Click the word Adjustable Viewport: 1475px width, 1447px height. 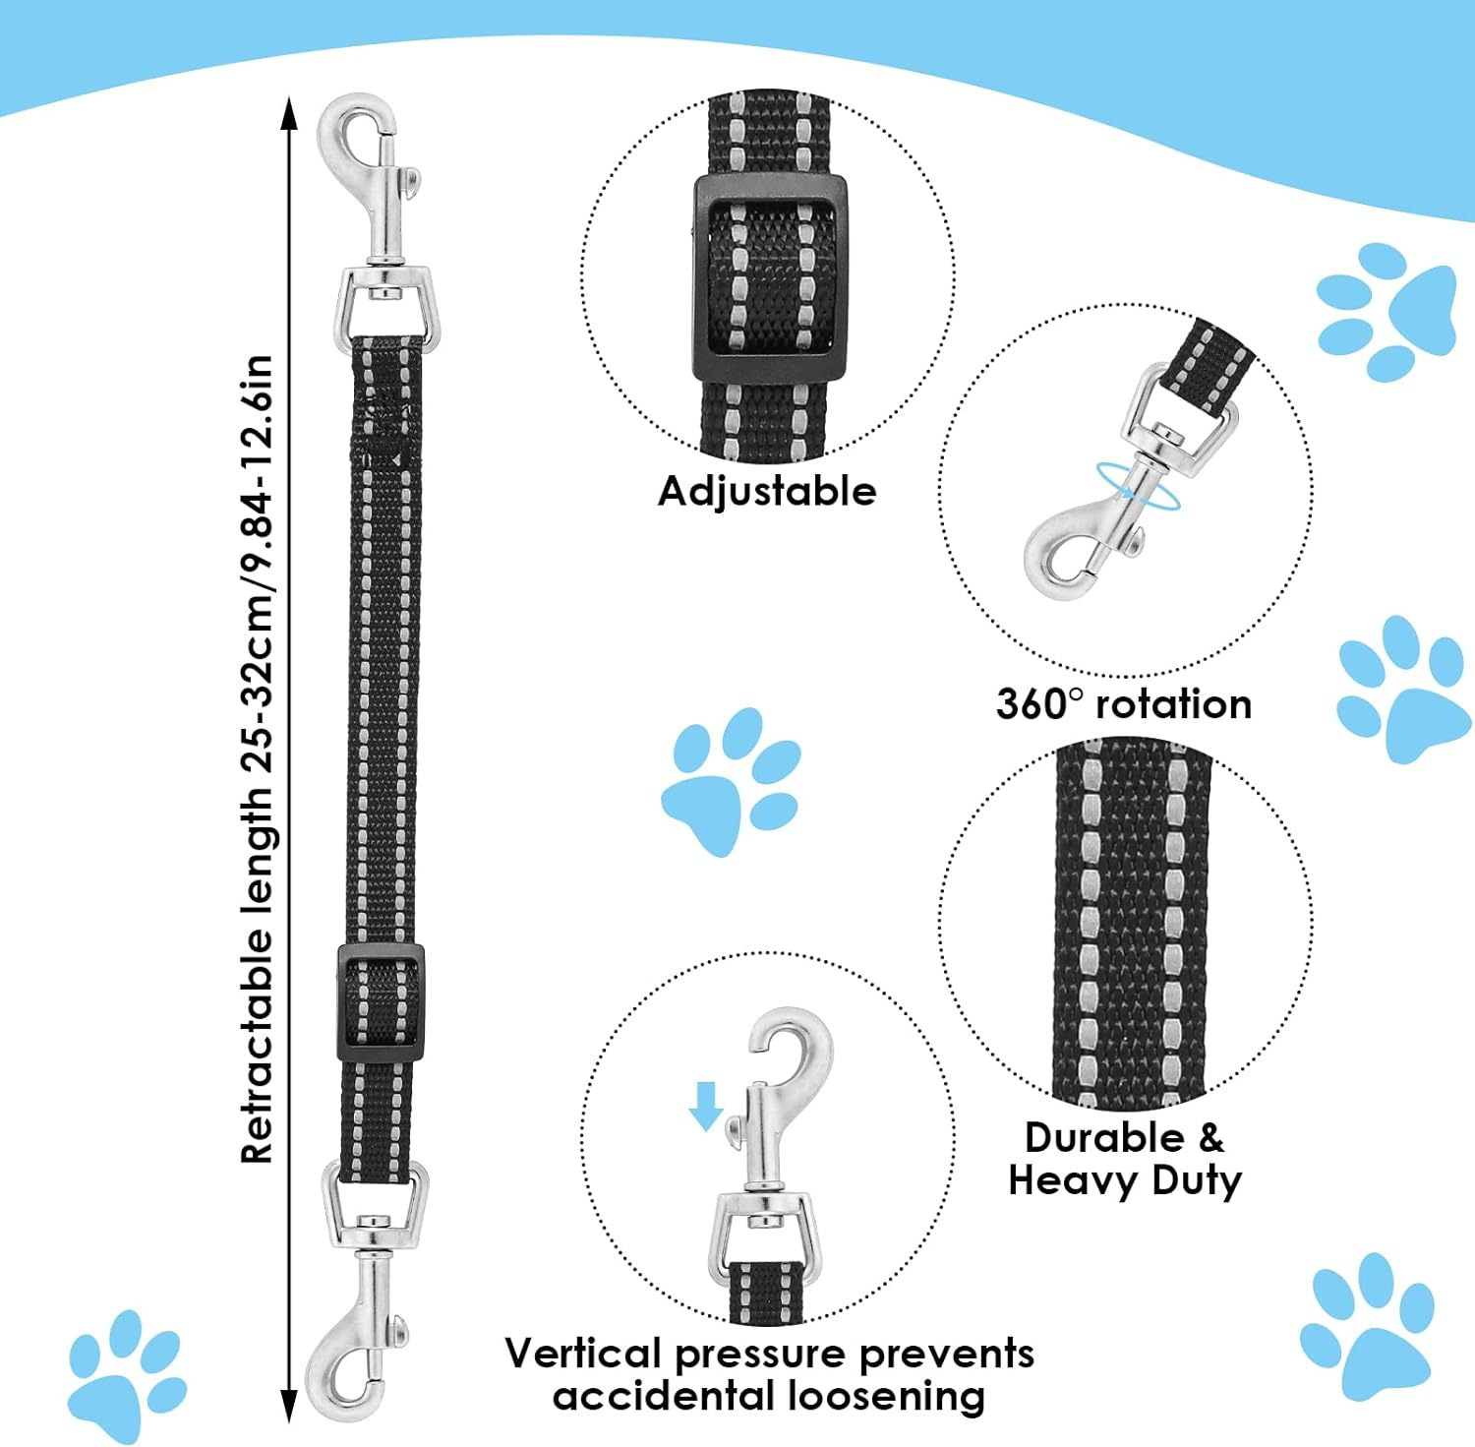[x=767, y=491]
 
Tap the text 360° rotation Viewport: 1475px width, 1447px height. [x=1123, y=704]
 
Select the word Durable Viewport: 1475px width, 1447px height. [x=1104, y=1137]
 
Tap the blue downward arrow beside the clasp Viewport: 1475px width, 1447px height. [x=705, y=1105]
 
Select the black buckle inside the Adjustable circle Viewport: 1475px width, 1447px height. [x=770, y=278]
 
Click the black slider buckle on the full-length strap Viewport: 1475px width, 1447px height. [x=381, y=1002]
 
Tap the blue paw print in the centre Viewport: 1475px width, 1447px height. [x=730, y=780]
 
